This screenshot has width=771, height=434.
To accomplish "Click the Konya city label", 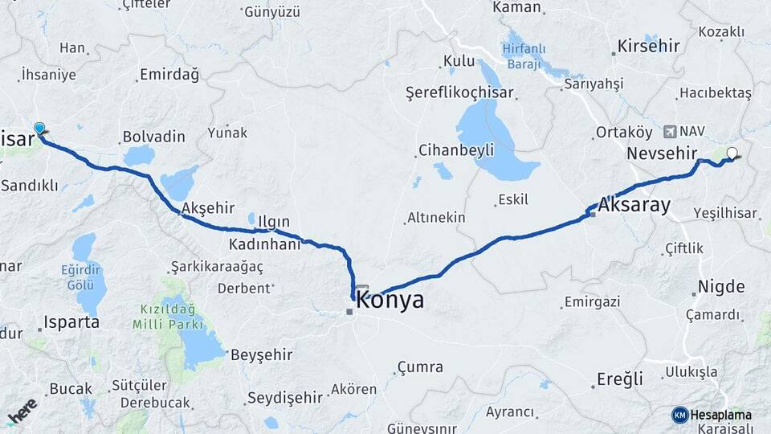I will tap(390, 301).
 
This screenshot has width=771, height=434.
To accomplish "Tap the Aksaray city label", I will tap(634, 205).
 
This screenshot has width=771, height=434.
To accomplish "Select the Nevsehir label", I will tap(660, 153).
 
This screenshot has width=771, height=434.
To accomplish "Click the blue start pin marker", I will tap(39, 129).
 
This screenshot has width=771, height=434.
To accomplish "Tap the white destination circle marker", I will tap(732, 154).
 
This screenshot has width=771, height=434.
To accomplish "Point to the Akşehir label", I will tap(208, 208).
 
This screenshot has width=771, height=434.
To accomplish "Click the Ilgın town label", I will tap(274, 222).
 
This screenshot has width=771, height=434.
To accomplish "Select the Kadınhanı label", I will tap(264, 244).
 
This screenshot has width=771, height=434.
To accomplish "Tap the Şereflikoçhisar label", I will tap(459, 92).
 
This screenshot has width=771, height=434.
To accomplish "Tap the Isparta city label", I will tap(72, 322).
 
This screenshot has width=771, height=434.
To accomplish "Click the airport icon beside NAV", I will tap(671, 130).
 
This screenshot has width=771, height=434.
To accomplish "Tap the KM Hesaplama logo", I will tap(712, 415).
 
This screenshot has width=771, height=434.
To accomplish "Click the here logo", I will tap(22, 411).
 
